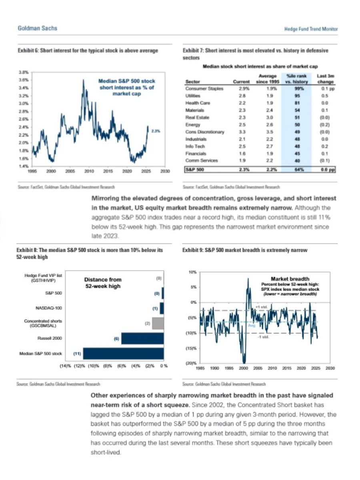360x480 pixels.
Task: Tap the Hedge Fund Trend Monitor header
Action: coord(311,29)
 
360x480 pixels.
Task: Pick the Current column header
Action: coord(241,82)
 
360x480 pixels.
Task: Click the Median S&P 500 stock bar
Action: coord(123,354)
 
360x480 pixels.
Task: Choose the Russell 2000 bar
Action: coord(142,338)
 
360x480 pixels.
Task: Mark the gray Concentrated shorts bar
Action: coord(158,323)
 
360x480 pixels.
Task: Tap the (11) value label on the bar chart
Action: coord(77,354)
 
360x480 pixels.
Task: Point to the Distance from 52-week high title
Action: coord(103,283)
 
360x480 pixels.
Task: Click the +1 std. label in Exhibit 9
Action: coord(259,306)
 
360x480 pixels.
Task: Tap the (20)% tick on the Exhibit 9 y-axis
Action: coord(190,363)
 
